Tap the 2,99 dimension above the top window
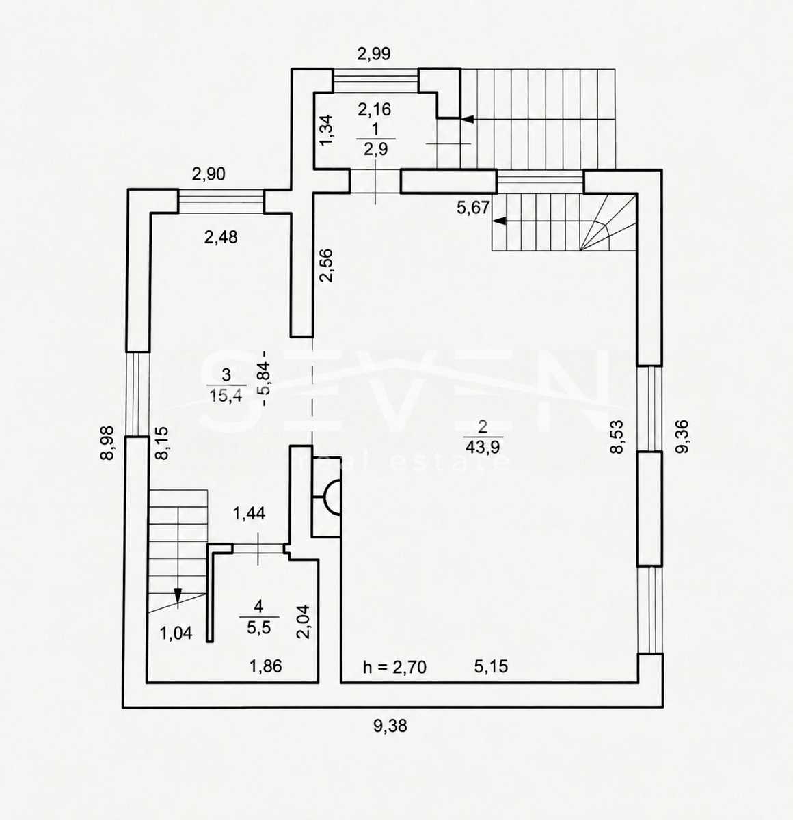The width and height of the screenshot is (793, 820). coord(374,54)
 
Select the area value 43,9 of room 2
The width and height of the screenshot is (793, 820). coord(483,447)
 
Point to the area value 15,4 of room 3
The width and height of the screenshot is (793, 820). coord(226,396)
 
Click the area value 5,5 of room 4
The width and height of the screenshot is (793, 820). coord(258,628)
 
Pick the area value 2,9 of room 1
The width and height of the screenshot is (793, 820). coord(375,149)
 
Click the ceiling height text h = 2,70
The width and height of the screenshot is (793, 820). coord(395,667)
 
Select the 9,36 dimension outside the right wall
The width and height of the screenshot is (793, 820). coord(682,437)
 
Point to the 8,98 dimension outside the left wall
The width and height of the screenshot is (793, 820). coord(107,443)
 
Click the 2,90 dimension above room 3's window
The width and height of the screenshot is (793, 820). coord(209,174)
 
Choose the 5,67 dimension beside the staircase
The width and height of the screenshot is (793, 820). coord(474,207)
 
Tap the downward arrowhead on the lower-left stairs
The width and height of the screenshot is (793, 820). coord(178,596)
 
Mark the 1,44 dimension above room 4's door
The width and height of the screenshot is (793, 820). coord(249,513)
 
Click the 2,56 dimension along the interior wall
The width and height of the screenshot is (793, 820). coord(326,265)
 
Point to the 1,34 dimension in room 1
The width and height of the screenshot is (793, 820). coord(326,131)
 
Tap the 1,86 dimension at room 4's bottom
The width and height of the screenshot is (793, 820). coord(266,667)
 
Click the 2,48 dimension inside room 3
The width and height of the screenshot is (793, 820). coord(221,238)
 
